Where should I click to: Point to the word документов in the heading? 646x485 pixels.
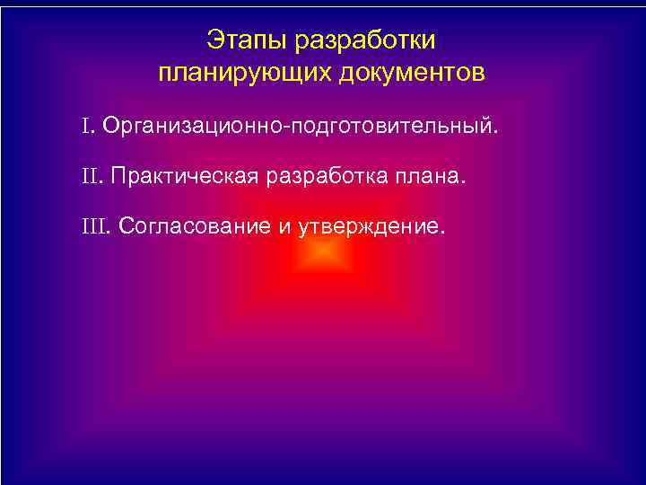[412, 73]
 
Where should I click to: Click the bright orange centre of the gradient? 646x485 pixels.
[321, 256]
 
